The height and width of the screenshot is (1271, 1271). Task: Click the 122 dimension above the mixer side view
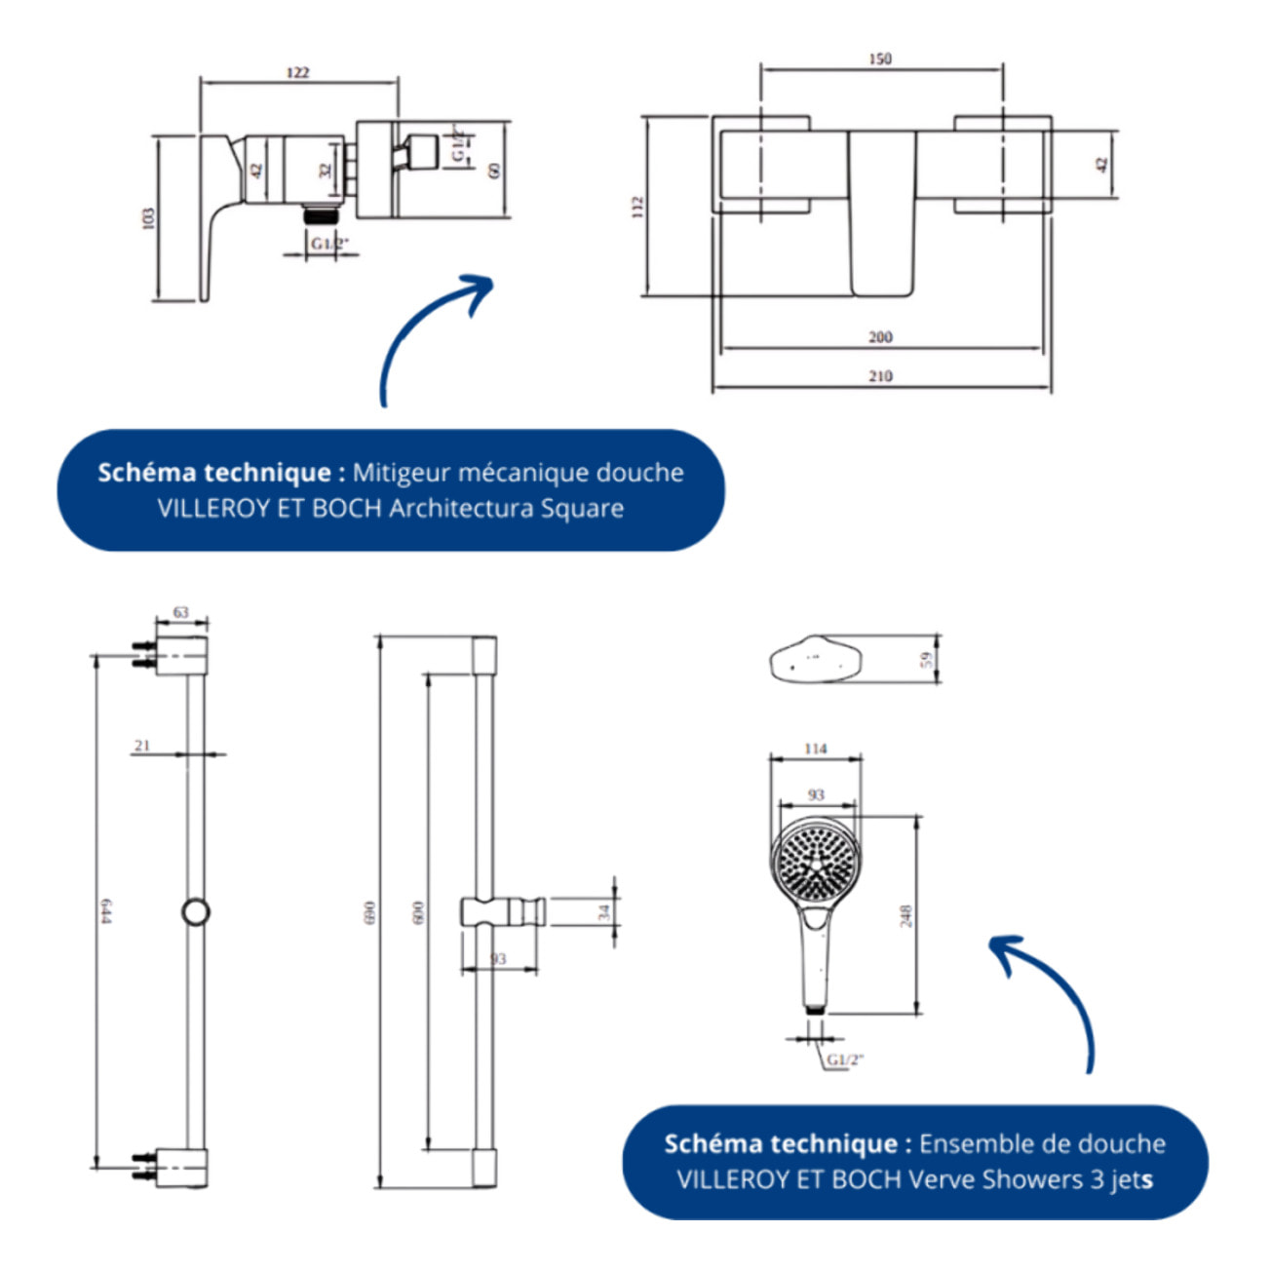point(298,72)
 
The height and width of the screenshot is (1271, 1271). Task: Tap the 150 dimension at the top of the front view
point(880,58)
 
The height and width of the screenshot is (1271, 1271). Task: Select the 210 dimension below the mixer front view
point(880,376)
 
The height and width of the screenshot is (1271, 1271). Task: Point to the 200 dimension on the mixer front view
point(880,337)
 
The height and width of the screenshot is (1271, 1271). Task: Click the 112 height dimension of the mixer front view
point(637,206)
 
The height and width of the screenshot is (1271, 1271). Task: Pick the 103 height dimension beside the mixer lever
point(148,217)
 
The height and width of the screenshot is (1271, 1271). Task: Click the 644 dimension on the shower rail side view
point(106,911)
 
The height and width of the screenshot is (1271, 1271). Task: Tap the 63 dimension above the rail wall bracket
point(181,612)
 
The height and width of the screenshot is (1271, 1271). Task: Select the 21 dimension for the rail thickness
point(143,746)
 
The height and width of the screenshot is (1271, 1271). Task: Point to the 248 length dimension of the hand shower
point(905,915)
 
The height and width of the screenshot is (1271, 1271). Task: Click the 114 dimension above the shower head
point(816,749)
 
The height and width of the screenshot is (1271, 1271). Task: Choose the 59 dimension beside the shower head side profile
point(927,659)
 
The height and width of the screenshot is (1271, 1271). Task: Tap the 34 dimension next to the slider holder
point(603,912)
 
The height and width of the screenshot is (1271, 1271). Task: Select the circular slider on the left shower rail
point(196,911)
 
